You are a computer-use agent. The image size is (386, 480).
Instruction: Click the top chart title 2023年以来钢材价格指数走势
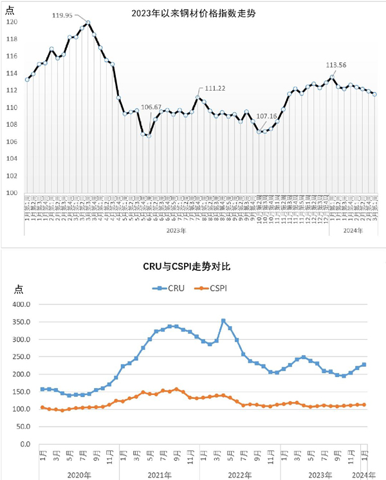tap(193, 10)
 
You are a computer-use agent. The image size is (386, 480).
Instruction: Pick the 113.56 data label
tap(340, 65)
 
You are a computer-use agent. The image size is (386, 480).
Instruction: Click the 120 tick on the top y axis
tap(14, 22)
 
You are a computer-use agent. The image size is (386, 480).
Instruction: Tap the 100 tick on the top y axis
tap(14, 192)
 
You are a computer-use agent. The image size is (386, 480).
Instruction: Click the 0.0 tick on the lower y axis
tap(26, 444)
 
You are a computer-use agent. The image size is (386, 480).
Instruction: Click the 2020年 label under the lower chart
tap(77, 475)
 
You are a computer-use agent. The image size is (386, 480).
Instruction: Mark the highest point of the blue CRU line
tap(223, 320)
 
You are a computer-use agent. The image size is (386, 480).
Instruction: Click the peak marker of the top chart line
tap(87, 23)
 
